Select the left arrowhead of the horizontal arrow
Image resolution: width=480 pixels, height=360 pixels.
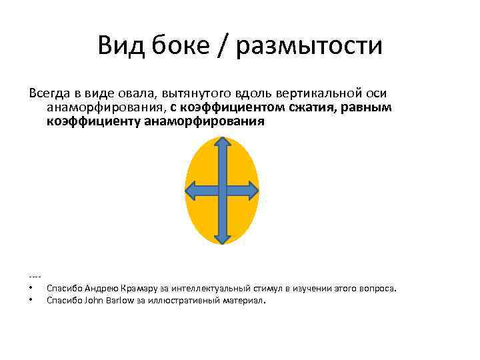192,191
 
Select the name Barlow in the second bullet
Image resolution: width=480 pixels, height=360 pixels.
120,301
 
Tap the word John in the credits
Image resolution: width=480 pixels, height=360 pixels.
94,301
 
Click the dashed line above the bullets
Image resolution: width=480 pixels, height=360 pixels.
36,276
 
